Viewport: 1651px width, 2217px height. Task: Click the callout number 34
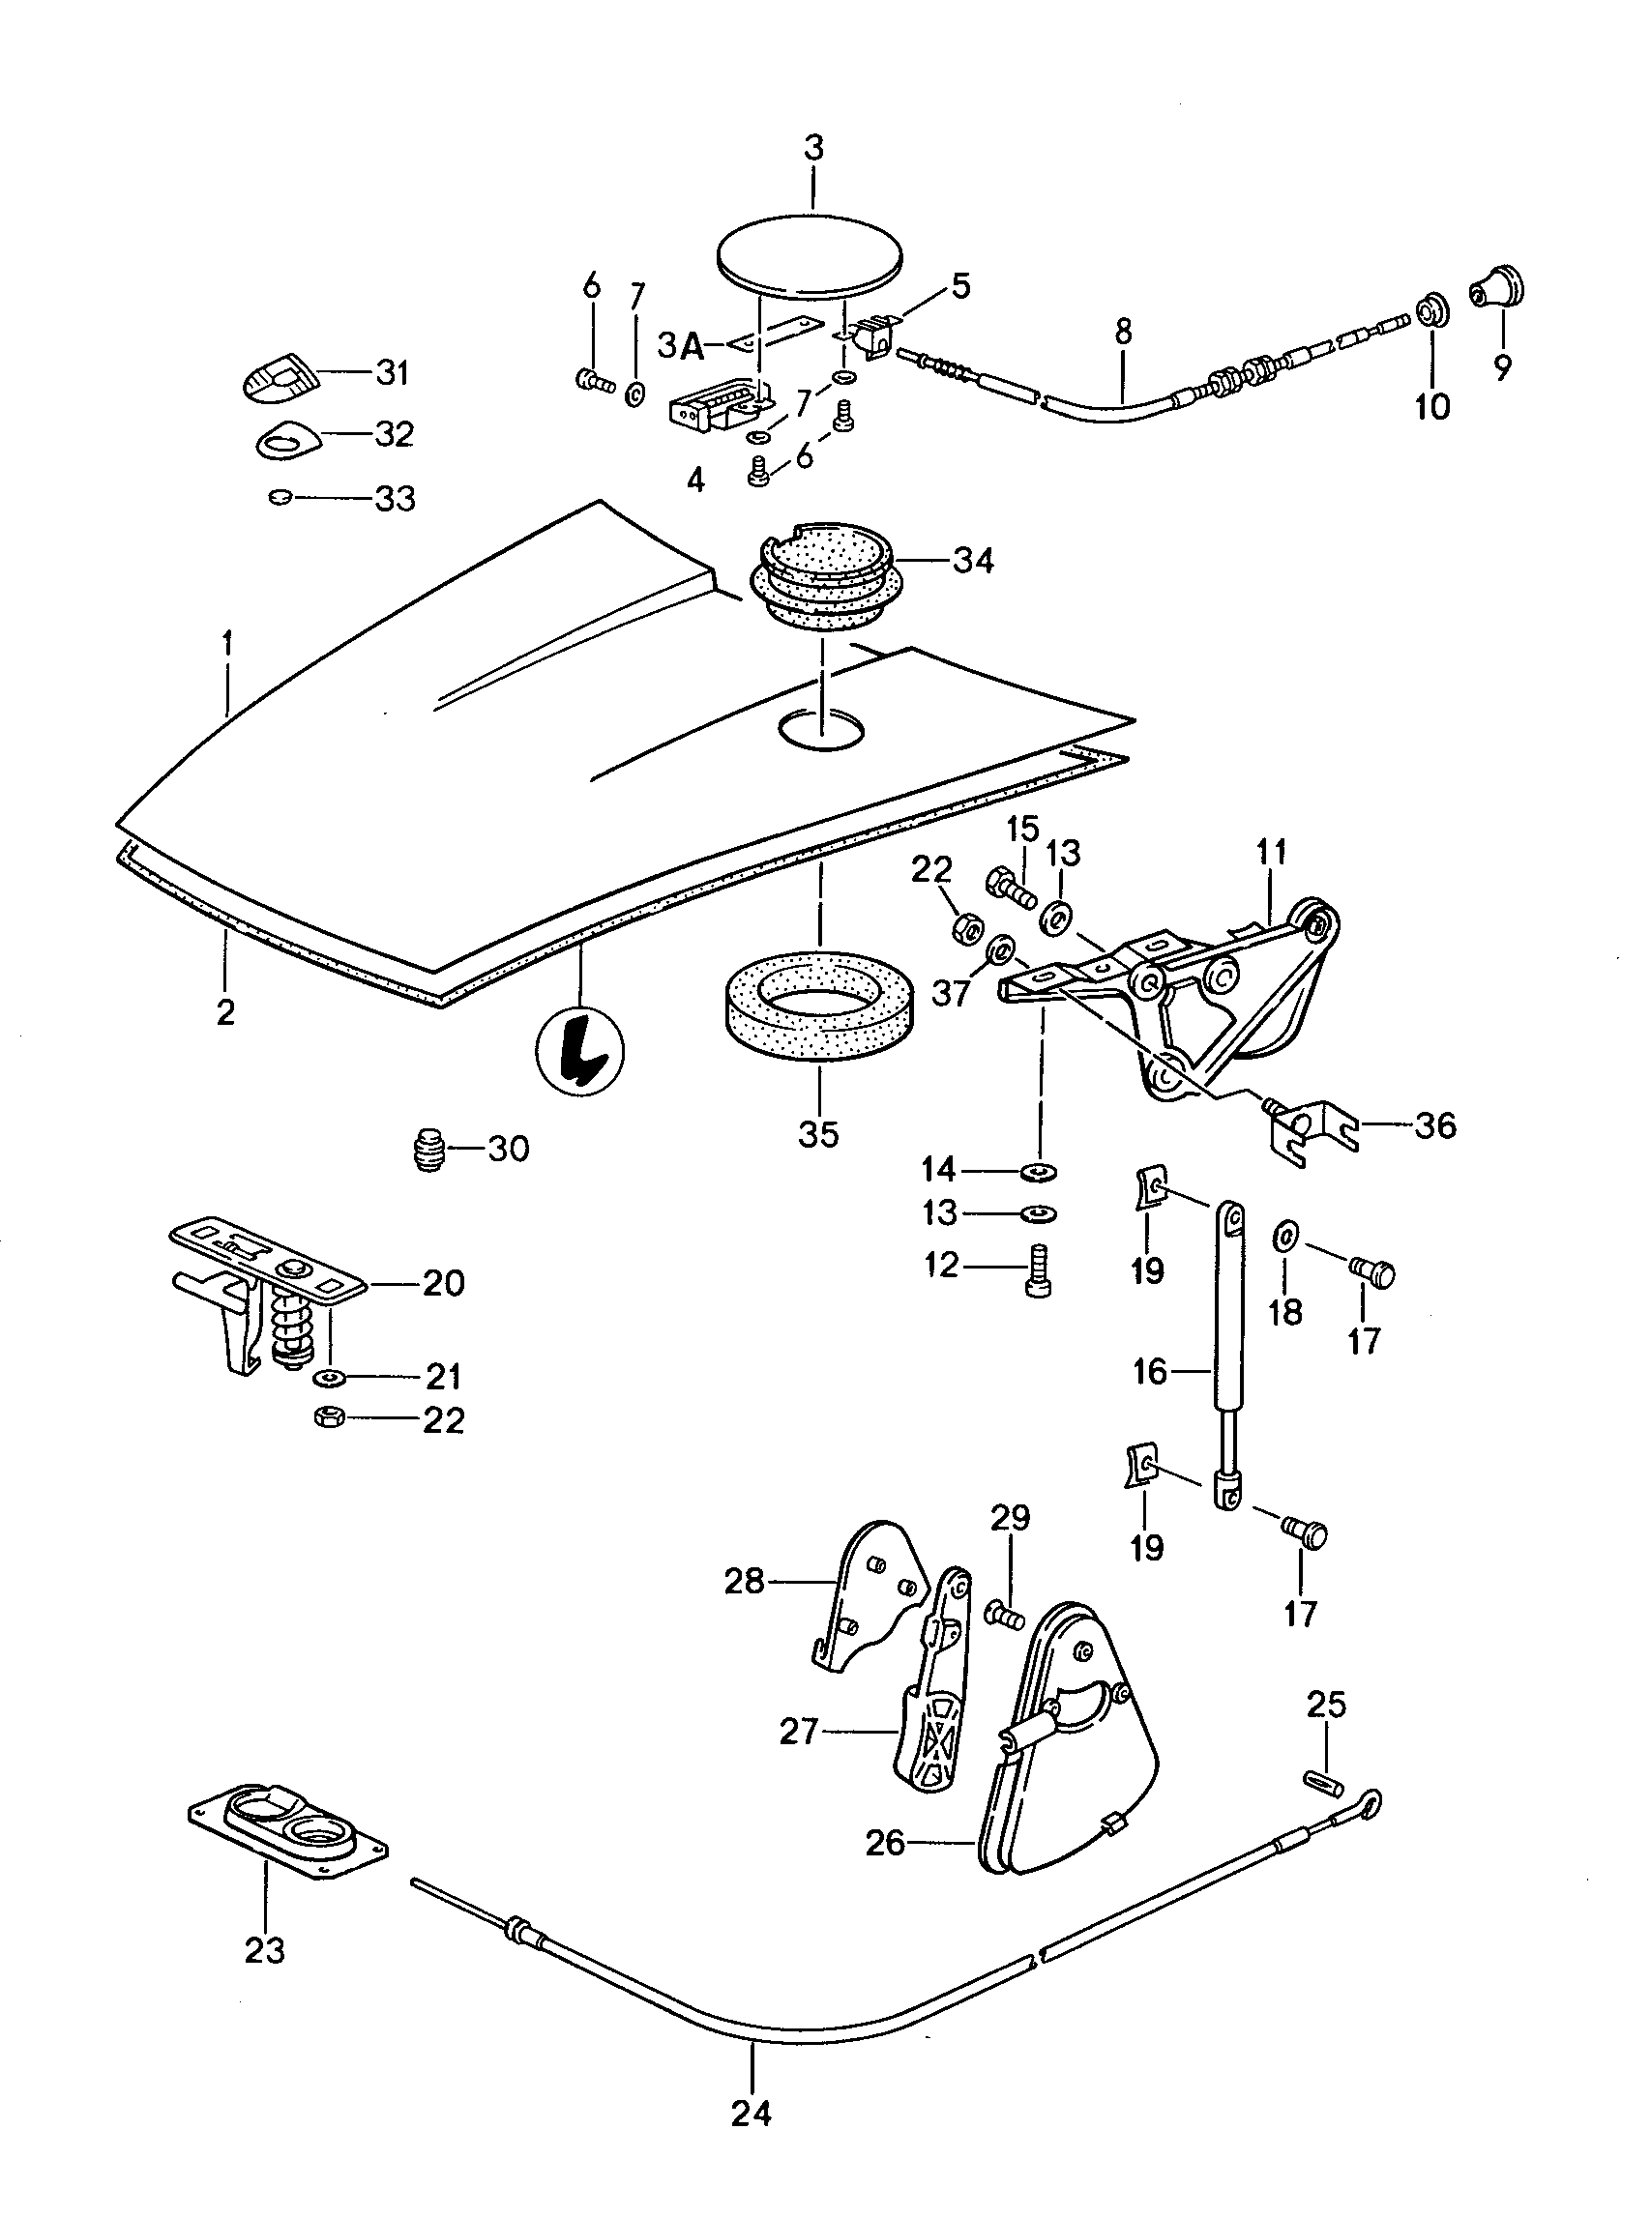coord(971,561)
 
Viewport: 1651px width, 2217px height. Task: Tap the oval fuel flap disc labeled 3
coord(811,257)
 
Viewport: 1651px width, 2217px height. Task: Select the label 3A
coord(680,346)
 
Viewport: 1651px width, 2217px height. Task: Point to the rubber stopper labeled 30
coord(427,1149)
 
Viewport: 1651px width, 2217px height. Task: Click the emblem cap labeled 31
coord(280,378)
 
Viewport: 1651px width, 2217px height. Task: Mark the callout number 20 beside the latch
coord(443,1282)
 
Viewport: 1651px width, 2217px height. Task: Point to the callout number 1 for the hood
coord(228,642)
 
